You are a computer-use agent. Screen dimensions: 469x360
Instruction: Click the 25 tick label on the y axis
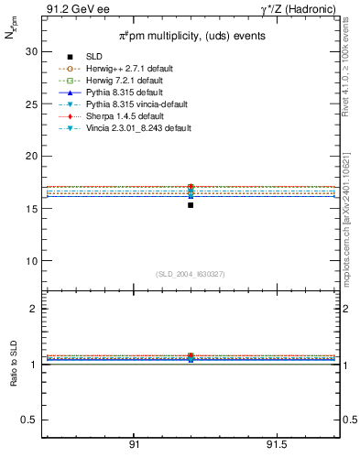click(30, 104)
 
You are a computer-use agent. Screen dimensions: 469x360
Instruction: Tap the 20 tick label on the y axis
click(30, 157)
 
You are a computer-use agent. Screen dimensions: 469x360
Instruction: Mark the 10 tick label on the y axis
click(30, 261)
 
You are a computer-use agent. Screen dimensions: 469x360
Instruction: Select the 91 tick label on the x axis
click(134, 444)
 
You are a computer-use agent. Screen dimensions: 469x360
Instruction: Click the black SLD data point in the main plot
click(191, 205)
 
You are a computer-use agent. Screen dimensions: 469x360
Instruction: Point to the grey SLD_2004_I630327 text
click(190, 274)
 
